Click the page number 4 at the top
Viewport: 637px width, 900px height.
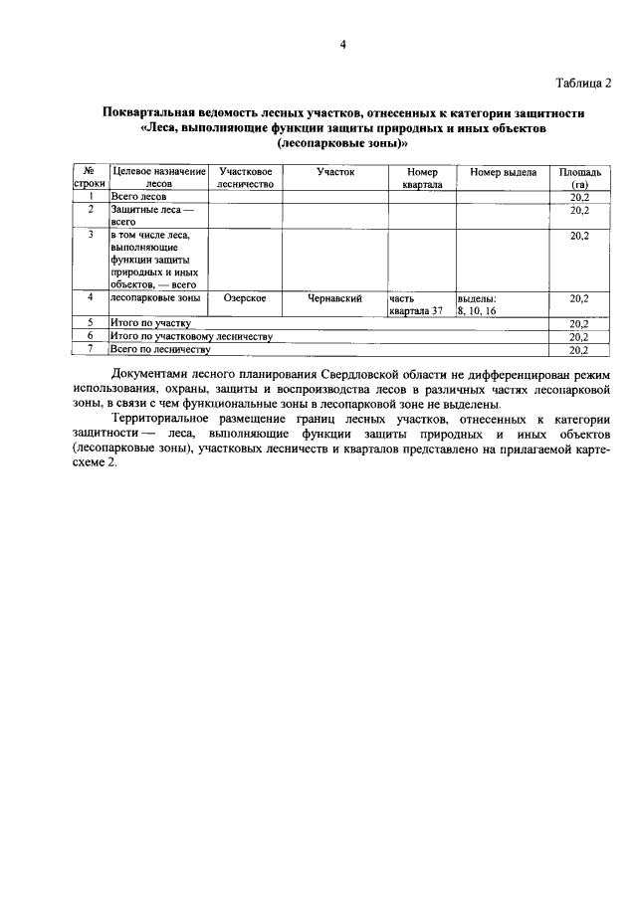pos(341,45)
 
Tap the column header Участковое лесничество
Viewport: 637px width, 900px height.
pos(245,178)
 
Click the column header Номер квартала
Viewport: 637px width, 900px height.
pos(422,178)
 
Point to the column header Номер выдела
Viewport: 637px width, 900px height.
pos(504,172)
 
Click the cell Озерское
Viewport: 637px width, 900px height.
pos(244,298)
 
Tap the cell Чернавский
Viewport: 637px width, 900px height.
pos(334,298)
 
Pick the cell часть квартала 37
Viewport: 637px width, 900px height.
pos(415,304)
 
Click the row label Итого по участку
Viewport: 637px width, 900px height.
pos(150,323)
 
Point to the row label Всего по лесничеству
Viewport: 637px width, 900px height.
pos(160,350)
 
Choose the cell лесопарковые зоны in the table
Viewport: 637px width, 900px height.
pos(155,298)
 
